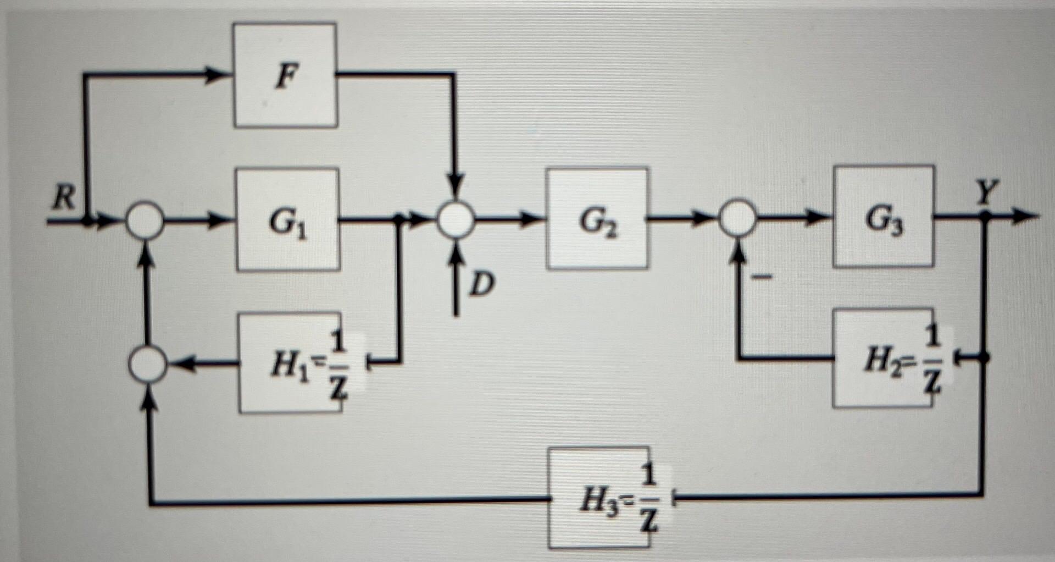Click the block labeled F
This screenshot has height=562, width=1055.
tap(285, 75)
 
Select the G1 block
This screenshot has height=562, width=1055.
tap(287, 220)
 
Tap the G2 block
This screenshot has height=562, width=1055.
tap(597, 219)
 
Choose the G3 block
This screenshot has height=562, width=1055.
tap(883, 216)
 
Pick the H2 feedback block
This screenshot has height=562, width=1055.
tap(882, 358)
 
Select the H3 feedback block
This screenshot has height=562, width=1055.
tap(598, 498)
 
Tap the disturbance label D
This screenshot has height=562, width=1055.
tap(481, 285)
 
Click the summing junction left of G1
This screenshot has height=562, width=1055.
tap(145, 222)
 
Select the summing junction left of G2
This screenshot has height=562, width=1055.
tap(456, 220)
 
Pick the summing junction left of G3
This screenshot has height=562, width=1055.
tap(738, 218)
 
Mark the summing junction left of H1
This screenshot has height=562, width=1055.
tap(147, 364)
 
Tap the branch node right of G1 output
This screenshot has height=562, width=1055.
tap(399, 220)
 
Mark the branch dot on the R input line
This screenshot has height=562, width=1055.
tap(87, 222)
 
